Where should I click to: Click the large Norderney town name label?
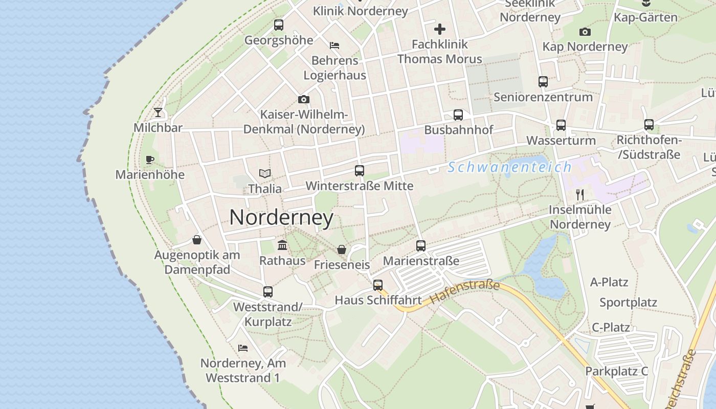[281, 218]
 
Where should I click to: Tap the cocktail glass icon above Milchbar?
[158, 112]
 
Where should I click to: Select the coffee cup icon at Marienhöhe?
[150, 160]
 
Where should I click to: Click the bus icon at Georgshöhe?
[279, 25]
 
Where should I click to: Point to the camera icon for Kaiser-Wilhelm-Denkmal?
[304, 99]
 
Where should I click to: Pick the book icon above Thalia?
[265, 173]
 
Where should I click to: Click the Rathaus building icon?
[282, 245]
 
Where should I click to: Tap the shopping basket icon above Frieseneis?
[342, 249]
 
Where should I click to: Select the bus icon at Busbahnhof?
[458, 115]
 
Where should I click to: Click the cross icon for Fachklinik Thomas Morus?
[440, 29]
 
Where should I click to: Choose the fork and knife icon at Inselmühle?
[580, 194]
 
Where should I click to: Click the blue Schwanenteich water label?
[509, 167]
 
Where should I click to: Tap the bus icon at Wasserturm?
[561, 125]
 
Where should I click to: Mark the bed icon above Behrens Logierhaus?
[334, 45]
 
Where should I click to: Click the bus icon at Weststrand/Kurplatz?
[268, 292]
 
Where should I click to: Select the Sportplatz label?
[628, 302]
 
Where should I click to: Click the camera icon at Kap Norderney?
[585, 32]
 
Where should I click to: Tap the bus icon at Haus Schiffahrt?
[378, 285]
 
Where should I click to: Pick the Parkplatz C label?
[617, 371]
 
